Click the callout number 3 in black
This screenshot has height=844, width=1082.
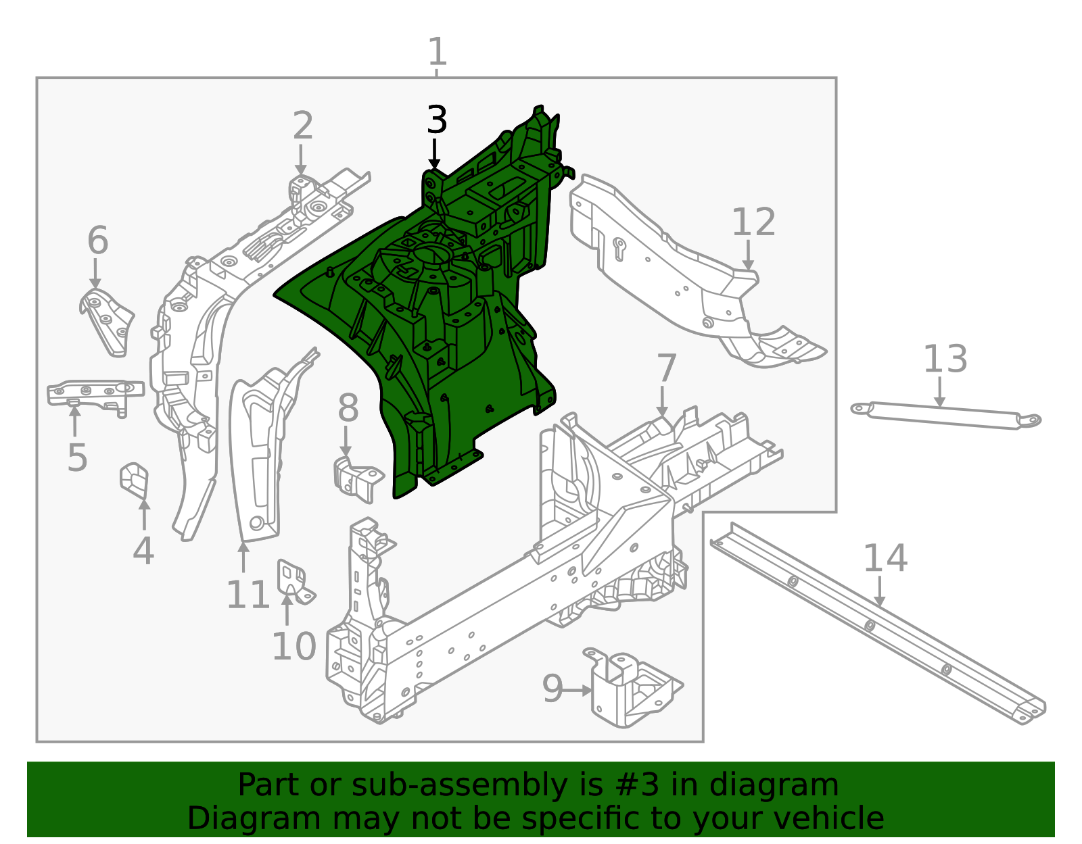point(437,120)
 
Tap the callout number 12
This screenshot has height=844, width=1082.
point(753,222)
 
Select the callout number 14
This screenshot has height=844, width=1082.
point(885,558)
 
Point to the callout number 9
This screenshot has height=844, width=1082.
point(552,689)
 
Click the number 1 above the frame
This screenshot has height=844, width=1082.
point(437,51)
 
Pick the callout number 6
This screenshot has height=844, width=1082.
point(97,240)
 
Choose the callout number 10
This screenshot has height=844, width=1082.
point(293,646)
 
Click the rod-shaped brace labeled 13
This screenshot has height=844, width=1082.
point(945,415)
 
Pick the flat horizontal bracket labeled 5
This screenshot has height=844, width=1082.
point(95,394)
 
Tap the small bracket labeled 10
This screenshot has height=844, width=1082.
point(293,581)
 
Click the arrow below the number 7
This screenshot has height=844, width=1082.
point(662,401)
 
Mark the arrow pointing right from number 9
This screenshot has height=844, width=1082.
point(578,691)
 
